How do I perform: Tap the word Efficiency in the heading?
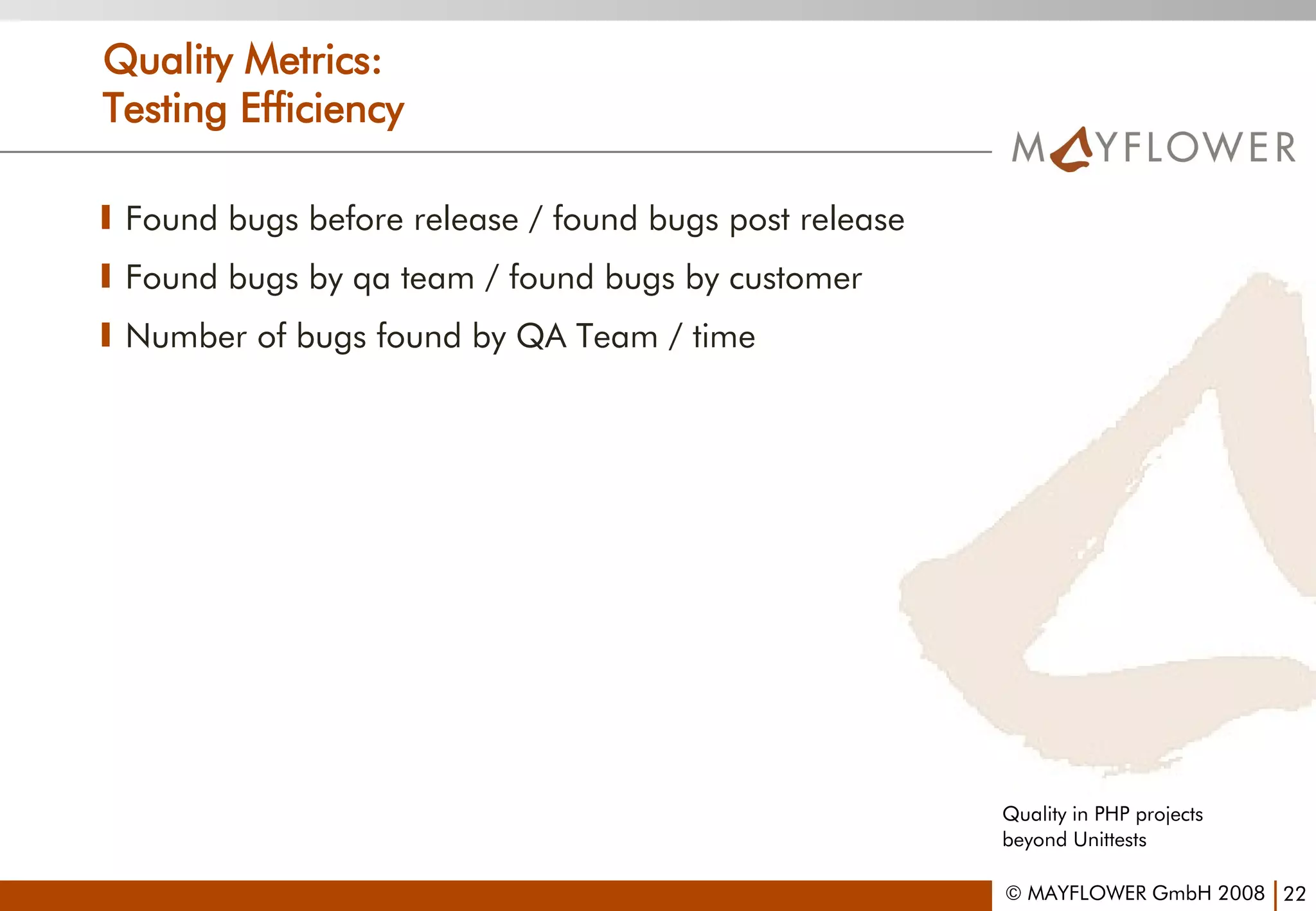pyautogui.click(x=322, y=109)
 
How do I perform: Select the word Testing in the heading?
pyautogui.click(x=164, y=109)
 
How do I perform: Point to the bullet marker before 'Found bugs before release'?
pyautogui.click(x=106, y=218)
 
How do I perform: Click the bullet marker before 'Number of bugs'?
pyautogui.click(x=106, y=335)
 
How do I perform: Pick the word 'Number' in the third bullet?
pyautogui.click(x=186, y=336)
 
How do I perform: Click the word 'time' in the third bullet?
pyautogui.click(x=724, y=337)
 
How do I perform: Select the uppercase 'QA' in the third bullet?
pyautogui.click(x=541, y=337)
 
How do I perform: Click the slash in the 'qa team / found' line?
pyautogui.click(x=492, y=279)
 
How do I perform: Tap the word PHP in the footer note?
pyautogui.click(x=1111, y=814)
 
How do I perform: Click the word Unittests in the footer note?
pyautogui.click(x=1109, y=840)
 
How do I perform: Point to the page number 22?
pyautogui.click(x=1294, y=894)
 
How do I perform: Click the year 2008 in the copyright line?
pyautogui.click(x=1241, y=893)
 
